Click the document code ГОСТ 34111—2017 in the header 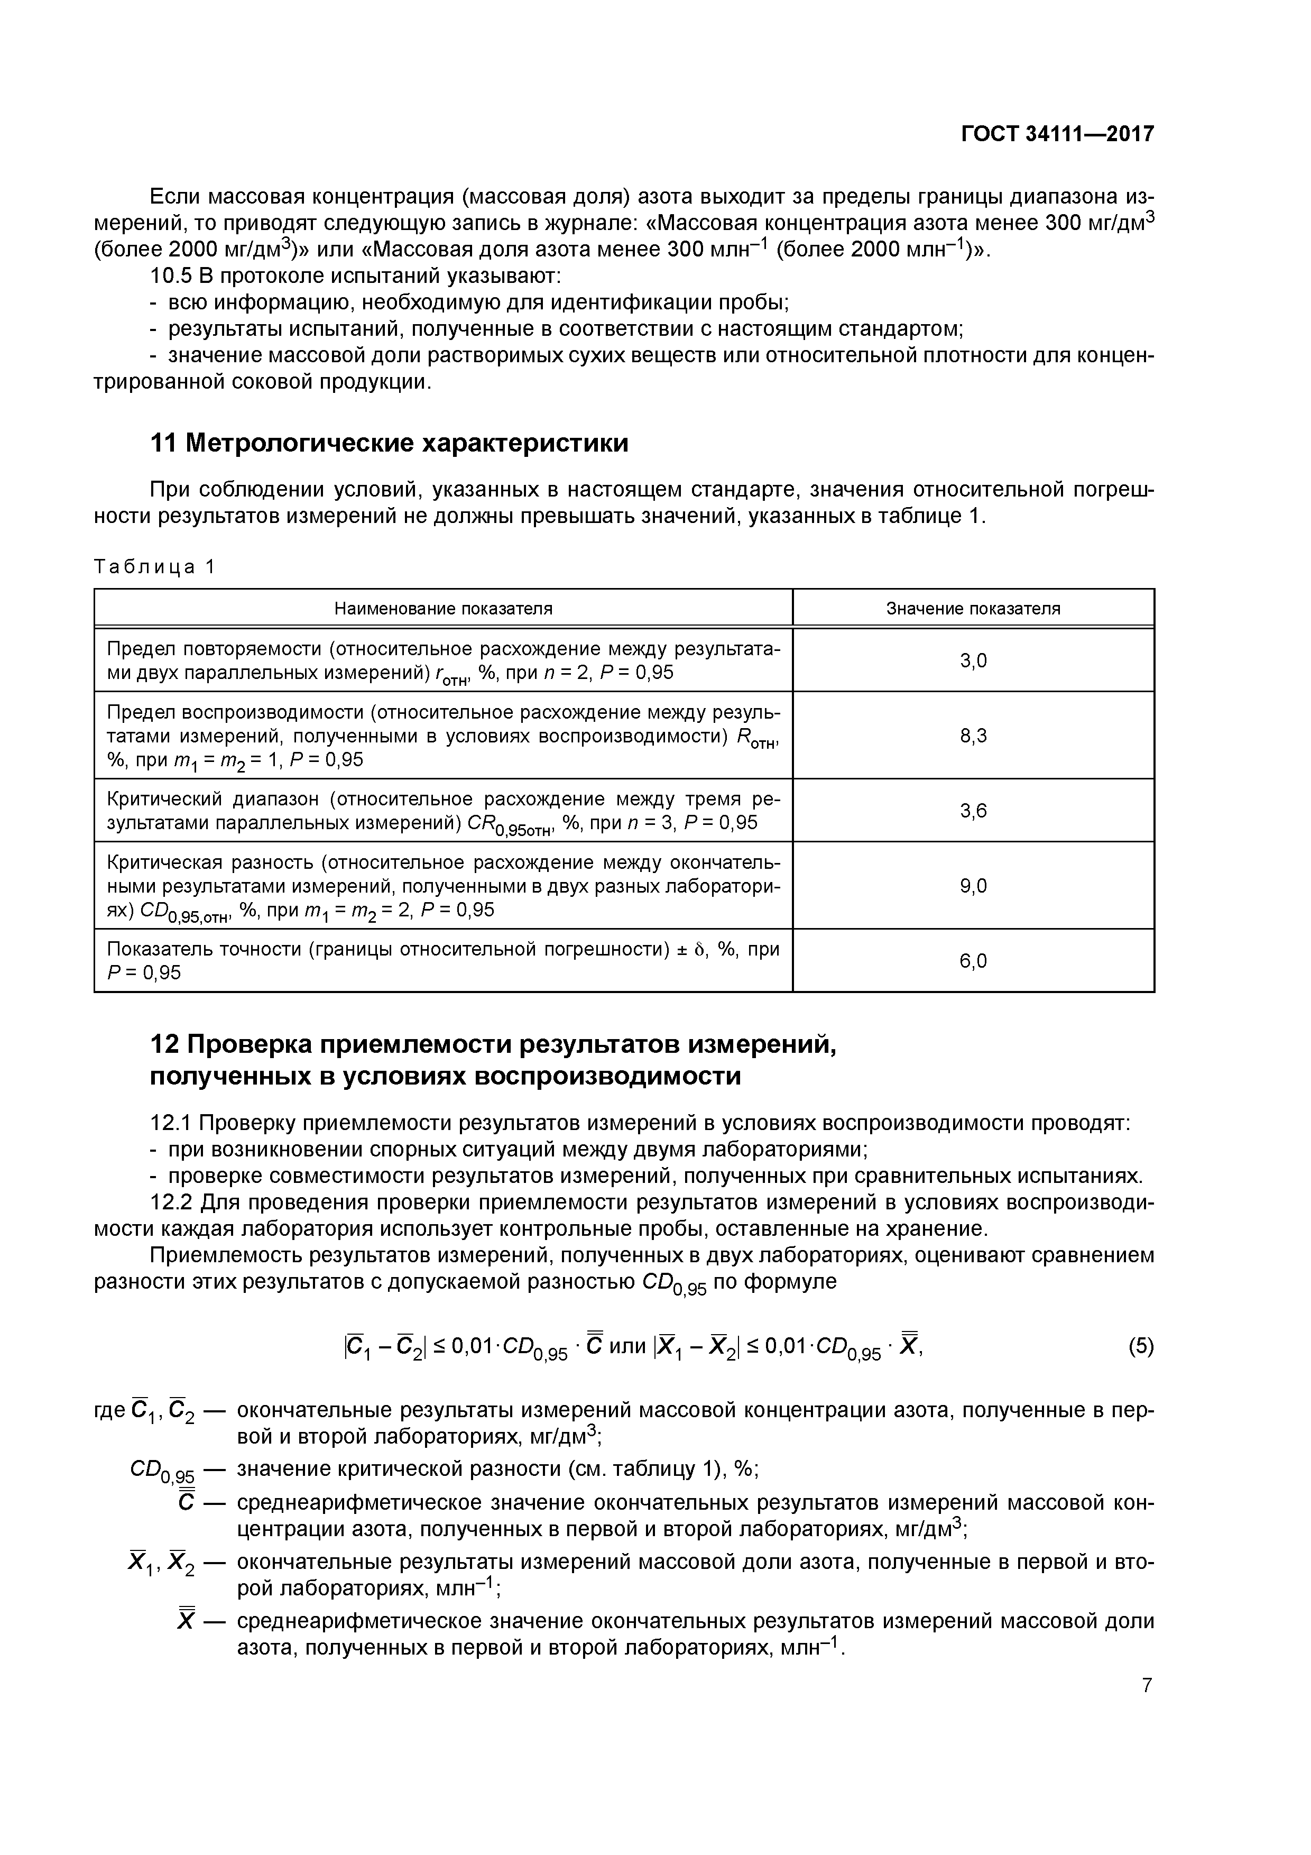1057,134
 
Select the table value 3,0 973,661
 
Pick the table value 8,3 973,735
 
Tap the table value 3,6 973,810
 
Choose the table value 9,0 973,886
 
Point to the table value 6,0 973,961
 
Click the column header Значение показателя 973,608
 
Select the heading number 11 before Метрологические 164,444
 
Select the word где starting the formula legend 110,1411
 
